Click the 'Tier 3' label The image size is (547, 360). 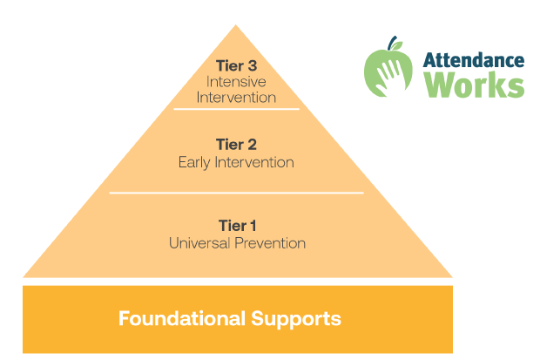[x=236, y=65]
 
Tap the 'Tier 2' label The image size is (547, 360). [x=236, y=145]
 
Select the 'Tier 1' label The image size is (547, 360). [x=236, y=226]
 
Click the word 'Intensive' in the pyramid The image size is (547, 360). [x=236, y=81]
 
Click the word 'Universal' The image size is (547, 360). [x=199, y=243]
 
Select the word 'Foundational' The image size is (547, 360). [x=180, y=318]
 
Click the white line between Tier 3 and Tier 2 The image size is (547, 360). [x=236, y=109]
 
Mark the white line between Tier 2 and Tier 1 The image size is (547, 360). [x=236, y=193]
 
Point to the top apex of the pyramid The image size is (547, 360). [x=236, y=27]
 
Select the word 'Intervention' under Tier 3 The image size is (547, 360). [x=236, y=97]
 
